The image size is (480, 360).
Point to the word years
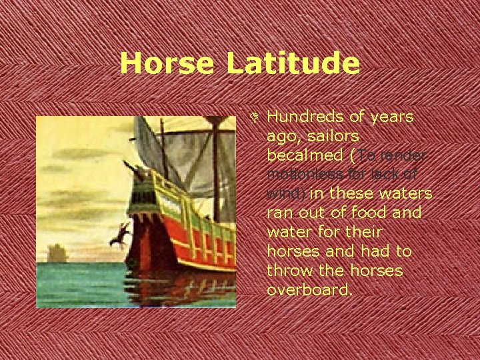392,117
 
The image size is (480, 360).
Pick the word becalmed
306,155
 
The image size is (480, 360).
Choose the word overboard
308,291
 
